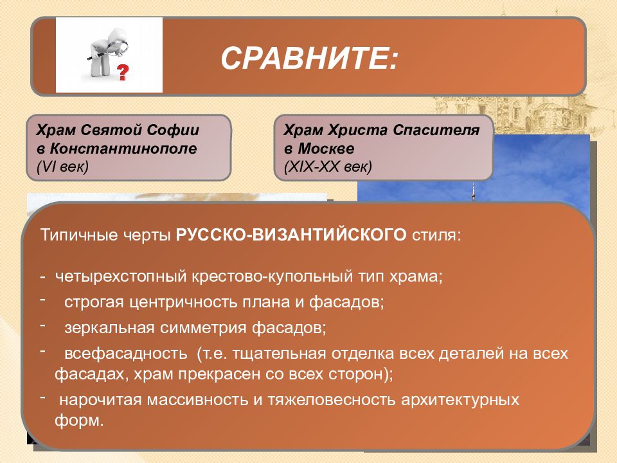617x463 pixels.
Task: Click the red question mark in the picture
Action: pyautogui.click(x=123, y=73)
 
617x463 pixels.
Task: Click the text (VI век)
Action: pyautogui.click(x=62, y=167)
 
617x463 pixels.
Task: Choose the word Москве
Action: pyautogui.click(x=326, y=149)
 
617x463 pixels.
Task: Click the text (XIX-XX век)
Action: pyautogui.click(x=328, y=167)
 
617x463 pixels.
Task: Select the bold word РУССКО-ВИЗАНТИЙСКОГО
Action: pyautogui.click(x=291, y=235)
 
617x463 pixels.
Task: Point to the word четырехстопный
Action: pyautogui.click(x=121, y=277)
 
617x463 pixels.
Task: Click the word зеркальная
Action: pyautogui.click(x=109, y=328)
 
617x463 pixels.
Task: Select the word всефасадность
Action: pyautogui.click(x=126, y=354)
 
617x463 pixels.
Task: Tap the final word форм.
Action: pyautogui.click(x=79, y=421)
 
